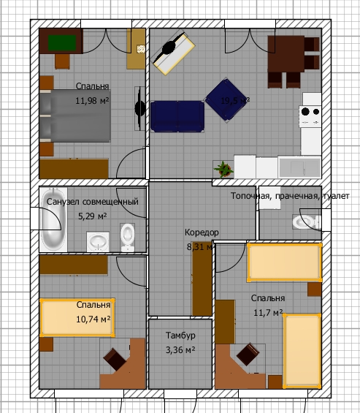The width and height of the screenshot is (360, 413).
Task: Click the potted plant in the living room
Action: [223, 169]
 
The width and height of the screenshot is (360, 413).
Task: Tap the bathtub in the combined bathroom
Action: [53, 219]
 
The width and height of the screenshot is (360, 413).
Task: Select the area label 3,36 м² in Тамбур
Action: [180, 350]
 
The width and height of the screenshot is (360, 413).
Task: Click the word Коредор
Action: [202, 232]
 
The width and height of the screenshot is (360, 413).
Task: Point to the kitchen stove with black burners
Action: [310, 116]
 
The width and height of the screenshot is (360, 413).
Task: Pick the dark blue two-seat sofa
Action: [177, 116]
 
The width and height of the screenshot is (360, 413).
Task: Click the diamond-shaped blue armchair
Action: [226, 100]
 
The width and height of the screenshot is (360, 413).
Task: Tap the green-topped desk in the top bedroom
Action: [61, 41]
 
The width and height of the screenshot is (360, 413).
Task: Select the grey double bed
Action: [75, 116]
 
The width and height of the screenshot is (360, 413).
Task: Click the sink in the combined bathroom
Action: [98, 241]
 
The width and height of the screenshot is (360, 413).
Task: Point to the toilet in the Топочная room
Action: [306, 221]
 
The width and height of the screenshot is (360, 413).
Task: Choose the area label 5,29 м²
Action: [92, 216]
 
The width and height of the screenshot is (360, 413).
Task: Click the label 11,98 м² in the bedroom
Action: [92, 101]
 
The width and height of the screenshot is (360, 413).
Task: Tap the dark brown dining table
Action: [286, 54]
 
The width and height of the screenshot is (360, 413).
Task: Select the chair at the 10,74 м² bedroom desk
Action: [115, 359]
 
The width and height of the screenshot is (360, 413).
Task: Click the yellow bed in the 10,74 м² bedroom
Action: [77, 318]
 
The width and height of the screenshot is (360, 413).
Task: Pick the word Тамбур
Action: [180, 336]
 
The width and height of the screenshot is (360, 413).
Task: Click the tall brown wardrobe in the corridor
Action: [202, 279]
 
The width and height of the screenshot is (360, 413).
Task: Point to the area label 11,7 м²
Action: [268, 313]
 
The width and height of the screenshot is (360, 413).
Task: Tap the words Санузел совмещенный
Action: [92, 202]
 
